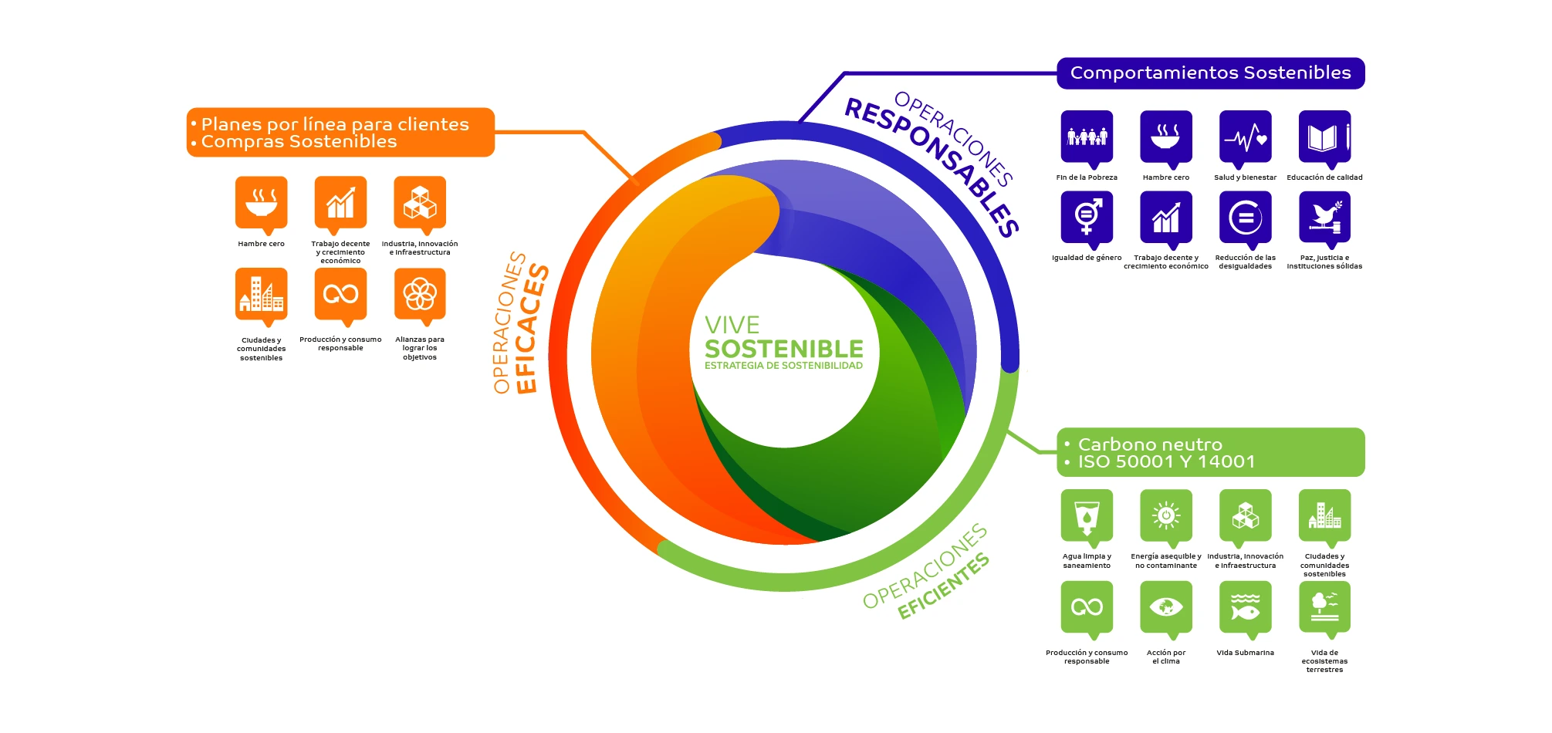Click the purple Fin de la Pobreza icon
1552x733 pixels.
tap(1087, 137)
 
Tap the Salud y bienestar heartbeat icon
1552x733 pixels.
tap(1245, 137)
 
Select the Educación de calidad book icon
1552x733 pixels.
tap(1324, 137)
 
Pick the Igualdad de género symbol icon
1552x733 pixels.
tap(1087, 218)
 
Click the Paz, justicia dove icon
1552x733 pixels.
tap(1324, 218)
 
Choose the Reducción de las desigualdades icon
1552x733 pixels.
tap(1245, 218)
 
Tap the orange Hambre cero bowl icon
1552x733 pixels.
tap(261, 203)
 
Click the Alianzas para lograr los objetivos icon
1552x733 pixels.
tap(420, 295)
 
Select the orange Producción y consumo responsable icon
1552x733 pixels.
tap(340, 295)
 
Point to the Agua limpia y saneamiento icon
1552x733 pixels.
tap(1087, 516)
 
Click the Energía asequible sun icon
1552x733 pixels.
tap(1166, 516)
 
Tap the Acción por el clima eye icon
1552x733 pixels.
tap(1166, 608)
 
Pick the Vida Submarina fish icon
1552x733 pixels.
tap(1245, 608)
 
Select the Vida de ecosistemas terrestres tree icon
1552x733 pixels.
tap(1324, 608)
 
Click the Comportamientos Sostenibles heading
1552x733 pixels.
tap(1210, 73)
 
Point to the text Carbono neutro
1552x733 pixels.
tap(1150, 444)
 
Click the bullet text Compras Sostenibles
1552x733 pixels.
tap(299, 142)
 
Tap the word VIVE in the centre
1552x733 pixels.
tap(732, 325)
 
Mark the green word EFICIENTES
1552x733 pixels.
tap(943, 586)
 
